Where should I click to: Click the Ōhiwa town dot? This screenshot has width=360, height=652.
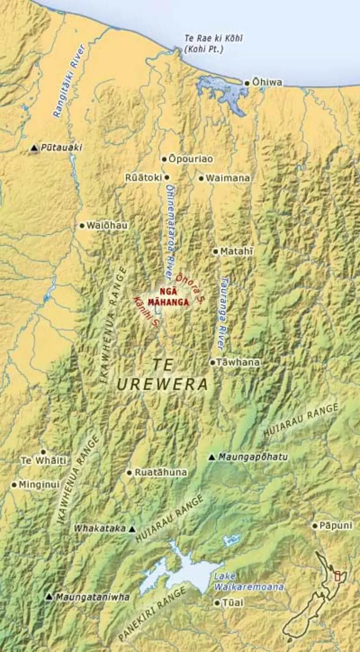(247, 83)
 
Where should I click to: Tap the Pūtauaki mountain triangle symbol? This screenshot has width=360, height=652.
(34, 148)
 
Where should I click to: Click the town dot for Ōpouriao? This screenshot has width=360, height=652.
(165, 159)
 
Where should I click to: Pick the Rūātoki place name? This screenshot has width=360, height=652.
(143, 178)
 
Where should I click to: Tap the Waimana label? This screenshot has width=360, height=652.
(228, 178)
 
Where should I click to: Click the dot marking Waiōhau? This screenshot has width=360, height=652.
(82, 226)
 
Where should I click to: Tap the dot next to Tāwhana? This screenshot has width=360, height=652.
(212, 362)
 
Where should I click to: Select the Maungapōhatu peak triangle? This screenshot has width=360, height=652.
(212, 457)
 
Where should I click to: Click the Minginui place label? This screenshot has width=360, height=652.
(39, 485)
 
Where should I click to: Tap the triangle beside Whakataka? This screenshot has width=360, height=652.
(132, 529)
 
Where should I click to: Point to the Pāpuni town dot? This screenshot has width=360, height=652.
(315, 526)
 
